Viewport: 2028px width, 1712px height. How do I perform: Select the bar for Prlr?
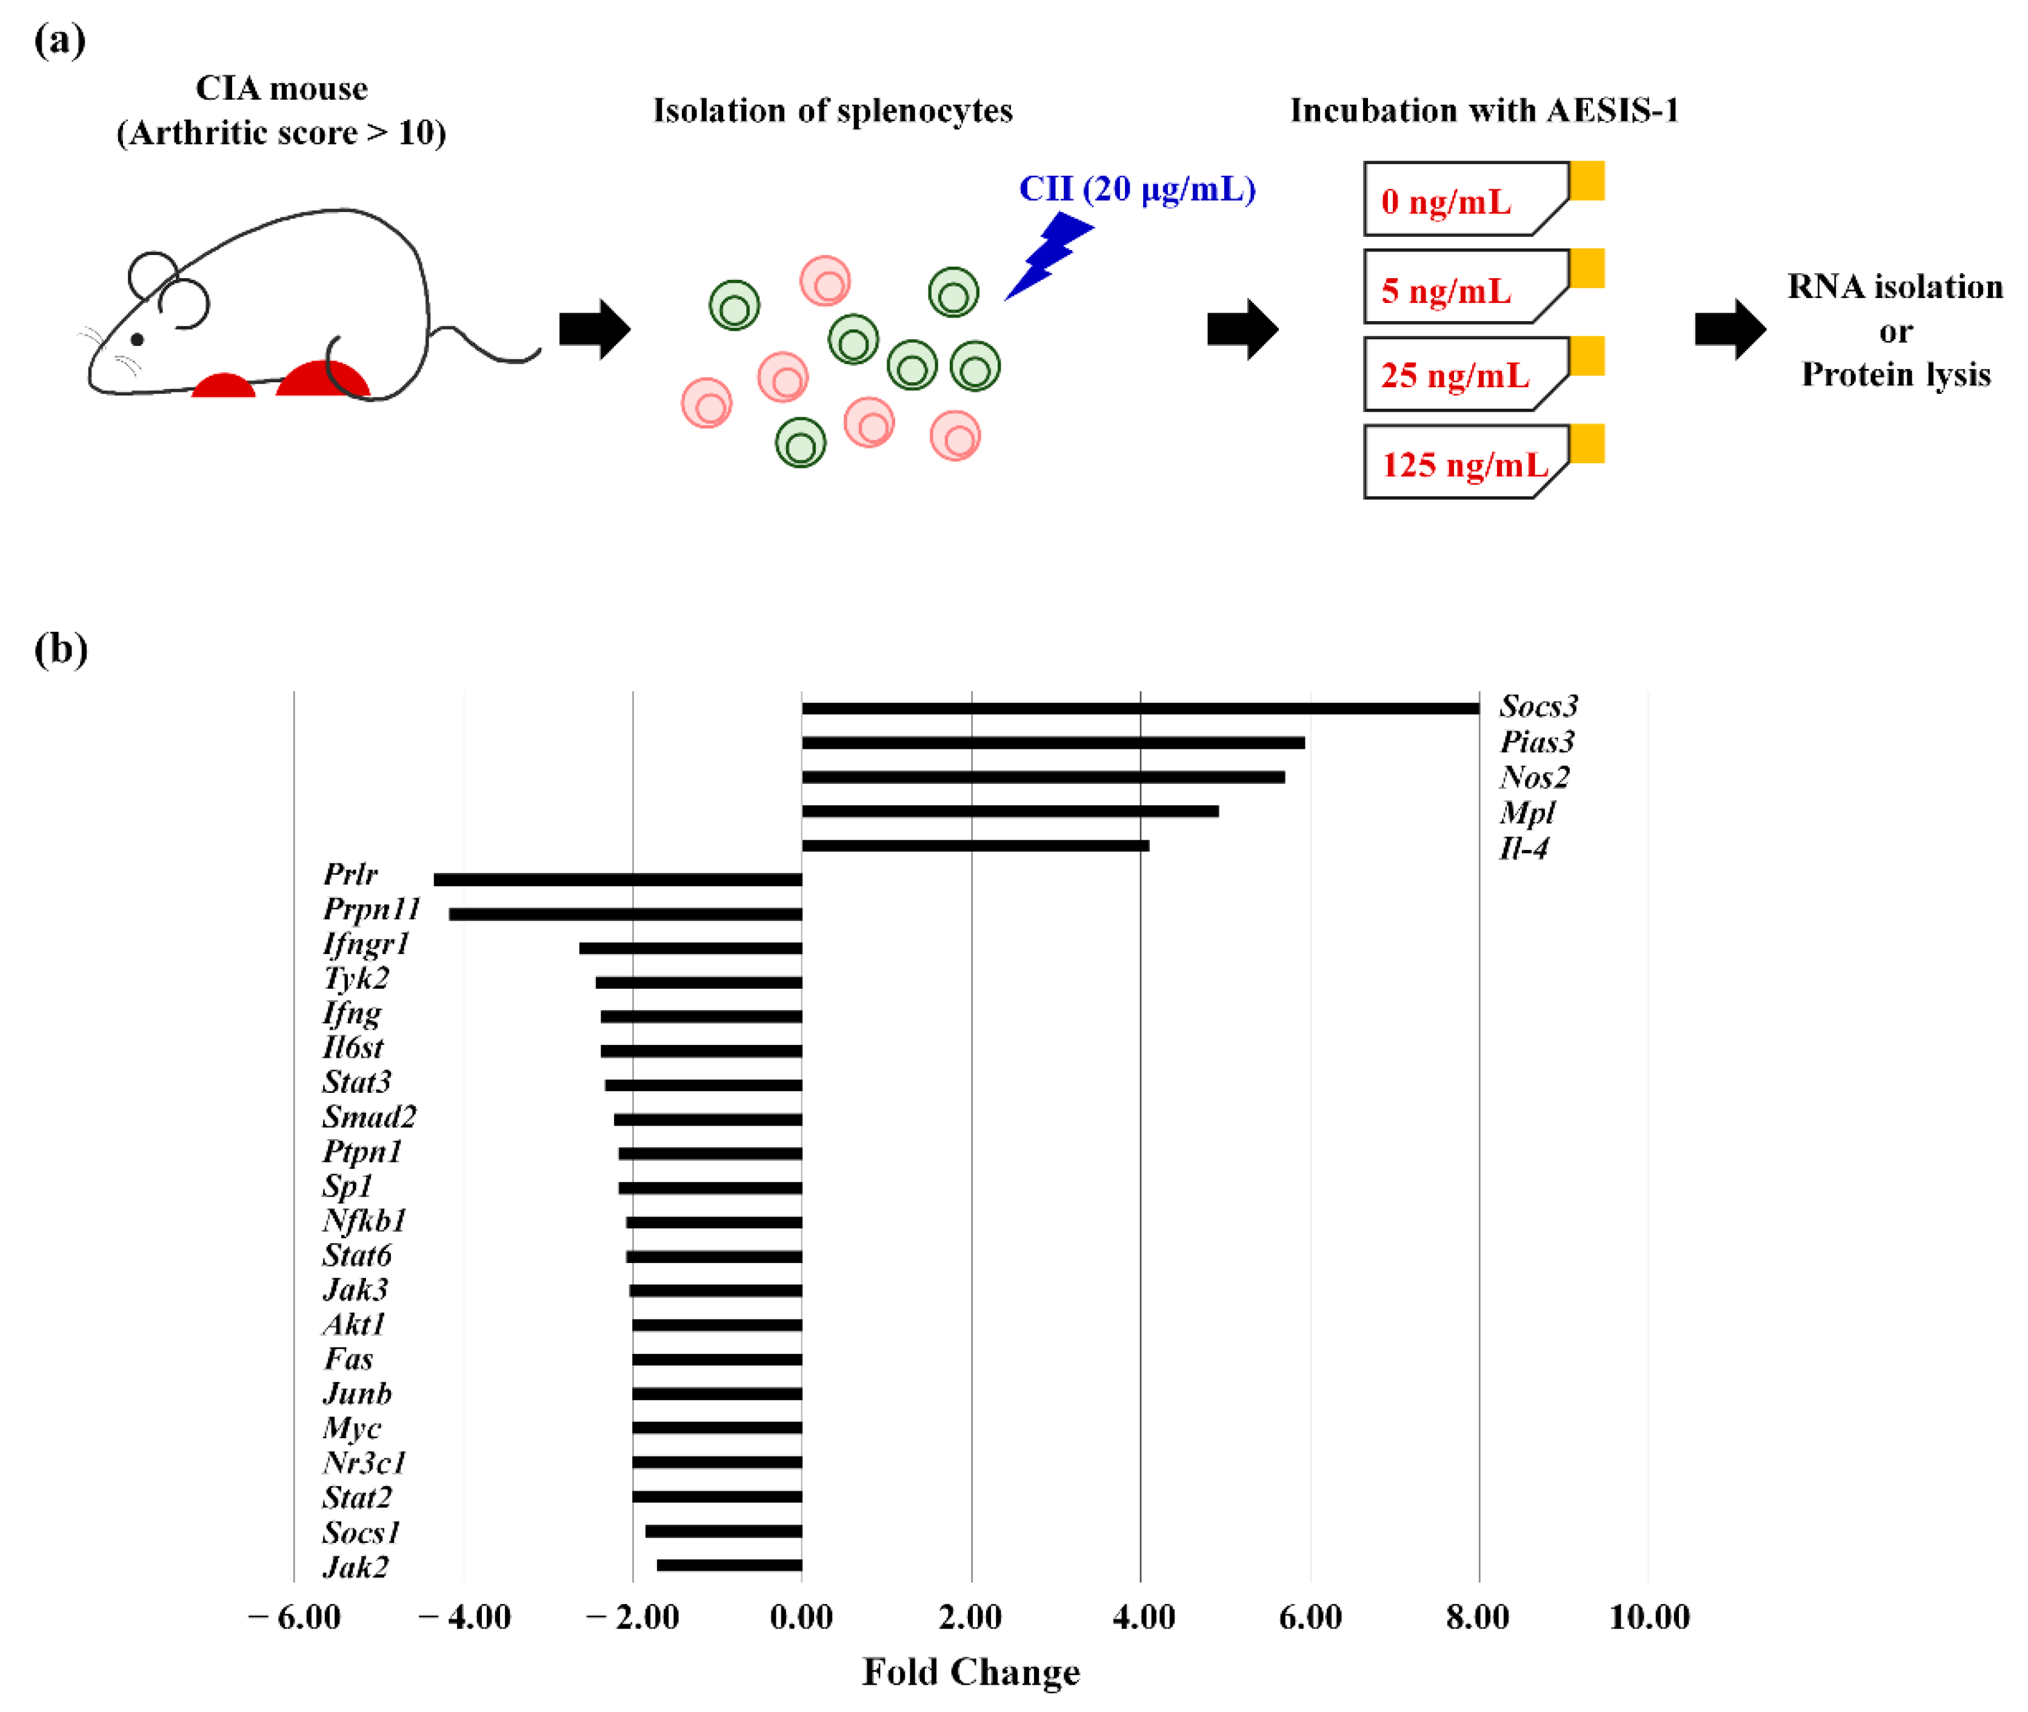coord(618,879)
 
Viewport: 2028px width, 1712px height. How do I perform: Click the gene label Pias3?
coord(1536,743)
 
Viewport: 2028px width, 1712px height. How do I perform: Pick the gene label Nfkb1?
coord(364,1221)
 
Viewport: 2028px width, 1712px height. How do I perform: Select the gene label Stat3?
coord(356,1082)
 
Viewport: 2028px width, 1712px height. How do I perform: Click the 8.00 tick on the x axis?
coord(1478,1618)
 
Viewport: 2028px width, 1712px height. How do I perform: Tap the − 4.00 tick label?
coord(464,1618)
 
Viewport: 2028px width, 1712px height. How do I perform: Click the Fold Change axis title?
coord(971,1672)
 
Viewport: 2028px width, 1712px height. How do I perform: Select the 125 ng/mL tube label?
coord(1464,465)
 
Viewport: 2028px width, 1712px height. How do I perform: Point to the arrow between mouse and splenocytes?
coord(594,329)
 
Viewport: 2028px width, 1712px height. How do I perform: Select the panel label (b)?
coord(60,648)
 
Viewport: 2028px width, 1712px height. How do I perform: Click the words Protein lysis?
coord(1895,374)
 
